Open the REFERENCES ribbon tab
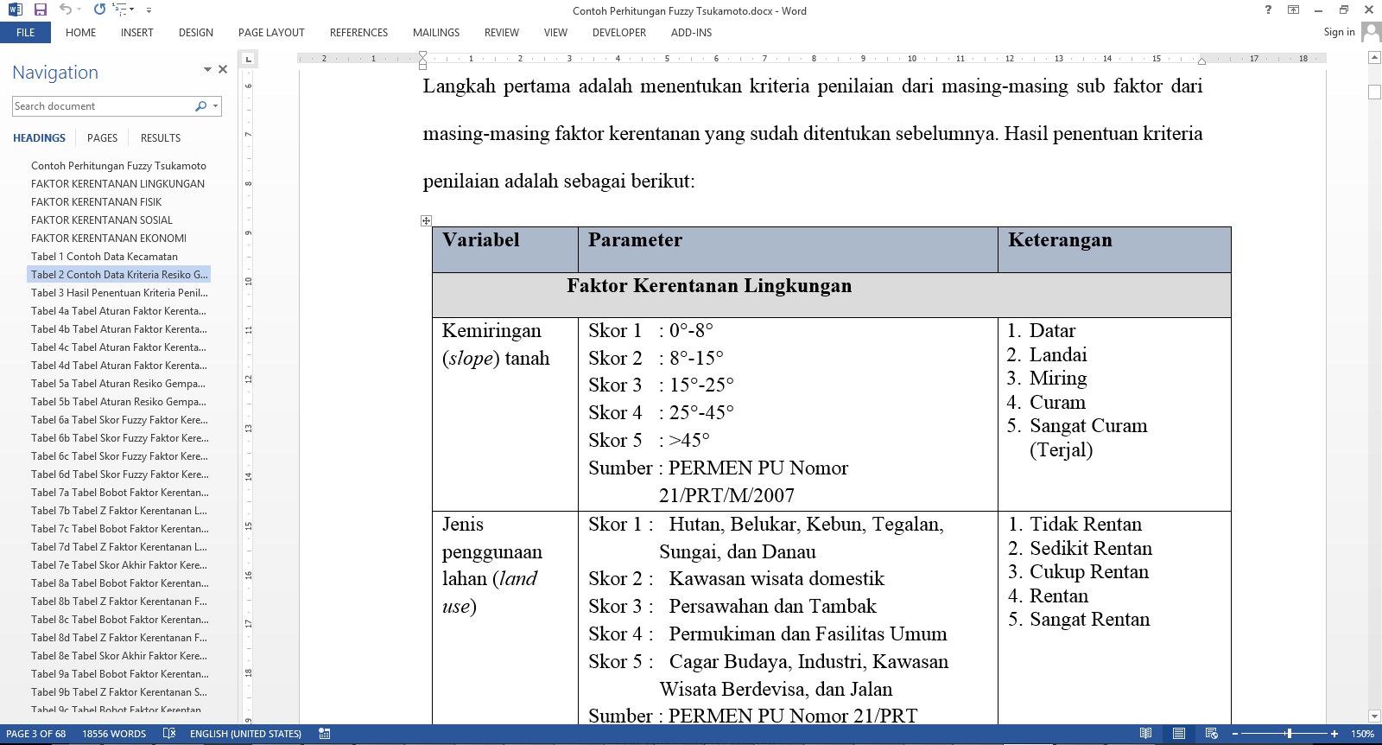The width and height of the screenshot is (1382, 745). tap(358, 33)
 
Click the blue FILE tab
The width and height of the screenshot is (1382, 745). tap(25, 33)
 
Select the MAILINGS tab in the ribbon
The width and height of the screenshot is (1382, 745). tap(435, 33)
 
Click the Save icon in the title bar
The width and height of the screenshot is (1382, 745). tap(40, 10)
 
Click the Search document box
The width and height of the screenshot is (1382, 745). tap(104, 106)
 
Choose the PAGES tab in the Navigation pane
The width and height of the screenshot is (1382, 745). tap(102, 138)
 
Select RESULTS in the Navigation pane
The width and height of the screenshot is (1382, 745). tap(161, 138)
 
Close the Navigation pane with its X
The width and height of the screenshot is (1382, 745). tap(223, 69)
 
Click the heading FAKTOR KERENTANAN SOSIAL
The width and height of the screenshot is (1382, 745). tap(102, 220)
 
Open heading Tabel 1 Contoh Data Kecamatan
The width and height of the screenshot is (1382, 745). tap(105, 257)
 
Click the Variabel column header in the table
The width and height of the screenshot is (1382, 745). tap(481, 240)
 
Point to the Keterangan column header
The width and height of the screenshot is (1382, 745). tap(1060, 240)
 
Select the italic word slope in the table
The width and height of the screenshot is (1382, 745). tap(470, 359)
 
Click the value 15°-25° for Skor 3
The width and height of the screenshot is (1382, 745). tap(701, 385)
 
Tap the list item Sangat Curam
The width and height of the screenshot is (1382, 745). tap(1088, 426)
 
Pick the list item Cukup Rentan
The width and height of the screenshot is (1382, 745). tap(1088, 572)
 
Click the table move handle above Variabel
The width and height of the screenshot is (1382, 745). tap(426, 221)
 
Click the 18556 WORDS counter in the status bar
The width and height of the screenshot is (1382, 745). tap(114, 734)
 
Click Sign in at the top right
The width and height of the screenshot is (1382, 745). tap(1339, 32)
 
